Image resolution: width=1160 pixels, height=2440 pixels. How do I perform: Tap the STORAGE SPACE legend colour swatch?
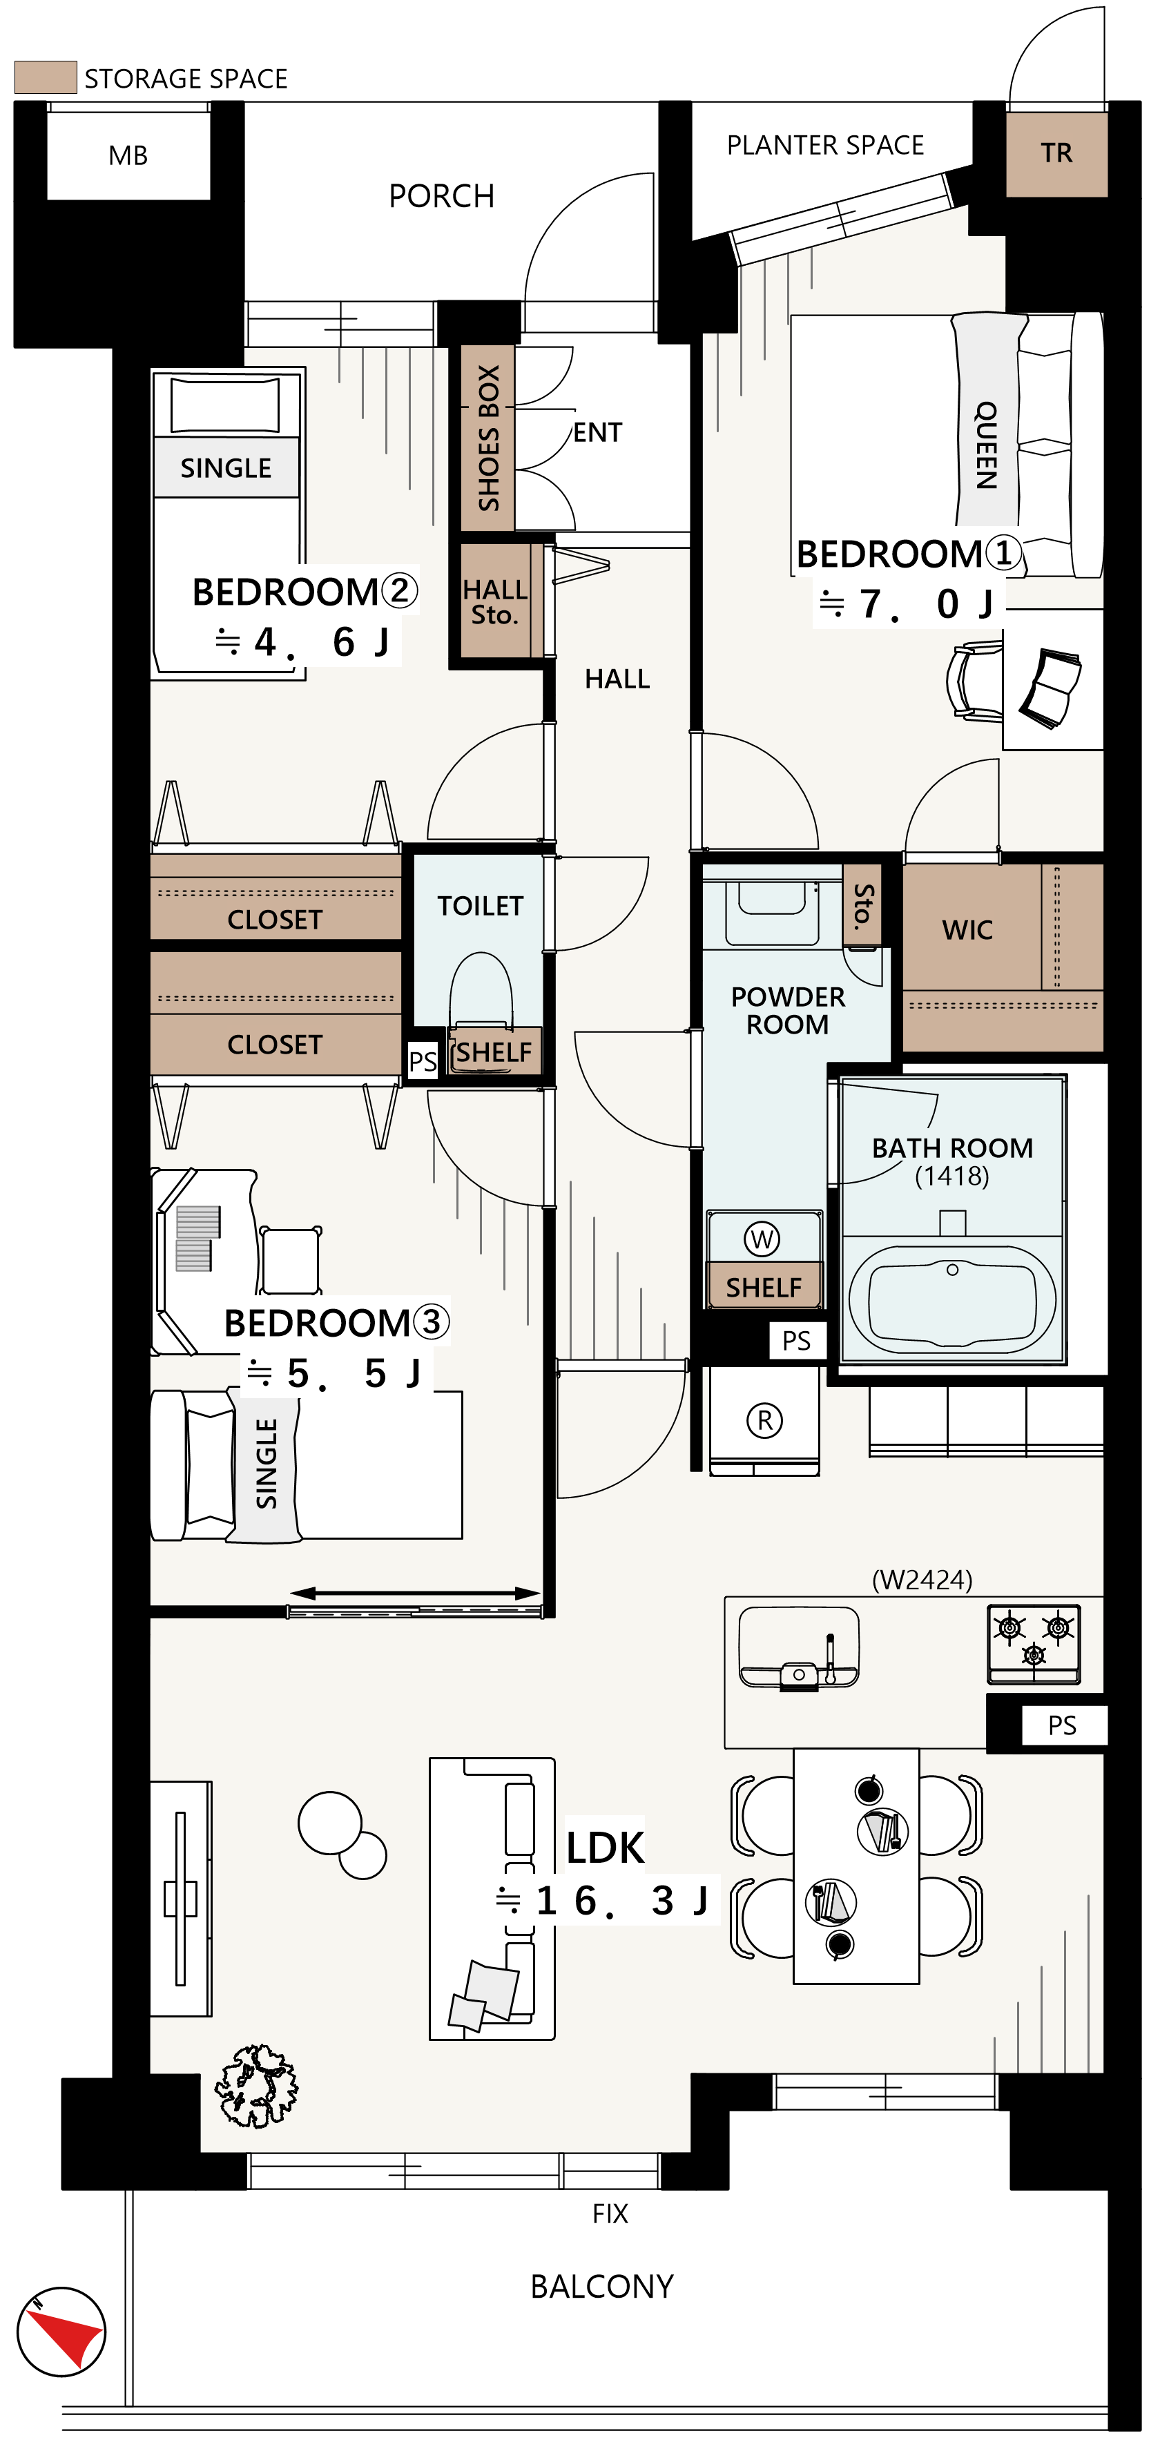pos(46,77)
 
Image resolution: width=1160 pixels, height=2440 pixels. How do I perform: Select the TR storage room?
pos(1056,153)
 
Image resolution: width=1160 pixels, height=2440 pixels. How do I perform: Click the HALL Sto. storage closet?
pos(495,601)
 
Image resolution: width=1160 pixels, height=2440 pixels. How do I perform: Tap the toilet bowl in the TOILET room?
pos(481,990)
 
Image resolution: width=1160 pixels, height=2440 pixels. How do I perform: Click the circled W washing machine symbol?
pos(762,1239)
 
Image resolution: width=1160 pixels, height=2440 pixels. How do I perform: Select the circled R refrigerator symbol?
pos(764,1420)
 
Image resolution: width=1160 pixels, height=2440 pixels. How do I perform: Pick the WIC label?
pos(967,930)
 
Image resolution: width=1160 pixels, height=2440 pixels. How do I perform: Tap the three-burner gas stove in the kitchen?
pos(1033,1643)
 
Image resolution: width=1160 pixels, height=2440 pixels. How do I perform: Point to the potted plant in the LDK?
pos(255,2086)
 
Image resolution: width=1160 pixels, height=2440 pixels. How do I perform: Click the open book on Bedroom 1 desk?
pos(1051,688)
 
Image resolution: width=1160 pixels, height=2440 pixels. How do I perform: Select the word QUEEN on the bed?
pos(987,445)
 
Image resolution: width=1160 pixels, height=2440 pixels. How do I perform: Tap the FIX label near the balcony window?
pos(610,2214)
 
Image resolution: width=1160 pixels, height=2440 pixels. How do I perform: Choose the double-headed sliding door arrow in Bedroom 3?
pos(415,1594)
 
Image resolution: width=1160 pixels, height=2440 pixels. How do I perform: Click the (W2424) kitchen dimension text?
pos(921,1580)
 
